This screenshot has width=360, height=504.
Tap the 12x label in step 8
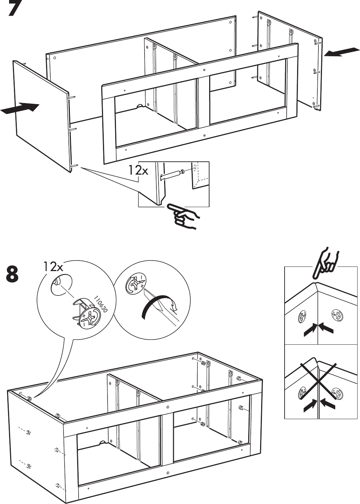coord(53,266)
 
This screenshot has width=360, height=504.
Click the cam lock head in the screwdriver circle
coord(135,284)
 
